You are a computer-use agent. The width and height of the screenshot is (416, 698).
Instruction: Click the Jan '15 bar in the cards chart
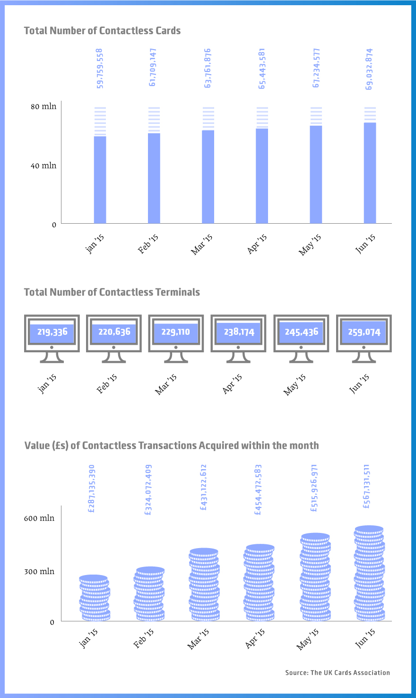click(100, 180)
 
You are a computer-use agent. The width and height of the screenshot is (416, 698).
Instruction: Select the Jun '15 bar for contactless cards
click(370, 173)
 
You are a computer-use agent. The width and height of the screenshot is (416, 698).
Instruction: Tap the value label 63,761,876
click(208, 68)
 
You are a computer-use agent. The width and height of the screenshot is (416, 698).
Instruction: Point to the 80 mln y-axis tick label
click(43, 106)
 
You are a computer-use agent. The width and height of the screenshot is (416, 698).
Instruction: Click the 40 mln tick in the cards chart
click(43, 166)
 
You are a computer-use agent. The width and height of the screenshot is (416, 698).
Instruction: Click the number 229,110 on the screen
click(176, 332)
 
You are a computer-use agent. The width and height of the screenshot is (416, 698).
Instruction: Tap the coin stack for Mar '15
click(204, 585)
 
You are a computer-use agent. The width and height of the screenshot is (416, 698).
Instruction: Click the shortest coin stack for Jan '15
click(95, 598)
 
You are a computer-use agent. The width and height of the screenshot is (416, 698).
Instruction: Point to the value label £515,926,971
click(314, 488)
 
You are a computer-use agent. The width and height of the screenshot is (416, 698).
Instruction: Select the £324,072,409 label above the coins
click(148, 489)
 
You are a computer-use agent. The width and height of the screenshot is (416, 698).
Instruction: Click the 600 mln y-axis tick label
click(39, 518)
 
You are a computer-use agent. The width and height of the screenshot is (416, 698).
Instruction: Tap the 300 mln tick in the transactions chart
click(39, 572)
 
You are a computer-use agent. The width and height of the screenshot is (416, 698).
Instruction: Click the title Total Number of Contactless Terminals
click(112, 292)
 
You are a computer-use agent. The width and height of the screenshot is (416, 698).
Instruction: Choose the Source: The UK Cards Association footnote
click(338, 672)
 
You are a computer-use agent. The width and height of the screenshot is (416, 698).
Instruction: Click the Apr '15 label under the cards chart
click(258, 244)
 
